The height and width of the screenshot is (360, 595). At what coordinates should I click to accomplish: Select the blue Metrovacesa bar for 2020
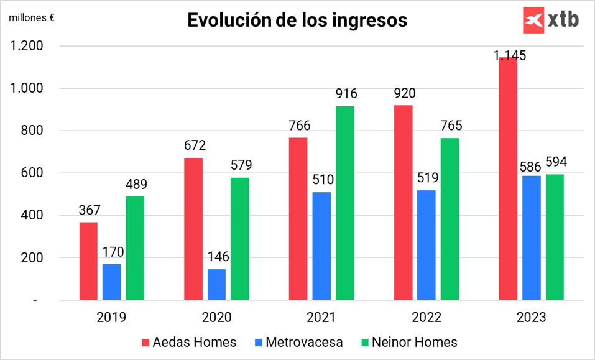point(216,285)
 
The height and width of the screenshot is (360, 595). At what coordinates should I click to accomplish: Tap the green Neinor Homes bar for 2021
point(345,203)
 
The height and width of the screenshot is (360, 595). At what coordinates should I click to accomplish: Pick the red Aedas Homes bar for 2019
point(88,261)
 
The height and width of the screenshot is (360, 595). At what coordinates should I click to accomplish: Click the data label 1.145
point(510,55)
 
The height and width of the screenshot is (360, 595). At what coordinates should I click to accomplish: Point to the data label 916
point(345,95)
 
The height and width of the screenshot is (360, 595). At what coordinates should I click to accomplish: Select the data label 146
point(216,257)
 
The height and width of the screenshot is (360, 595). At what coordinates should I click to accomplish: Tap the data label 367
point(90,210)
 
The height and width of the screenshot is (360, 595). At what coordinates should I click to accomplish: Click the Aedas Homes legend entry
point(190,342)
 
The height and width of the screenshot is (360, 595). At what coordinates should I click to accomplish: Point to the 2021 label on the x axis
point(321,318)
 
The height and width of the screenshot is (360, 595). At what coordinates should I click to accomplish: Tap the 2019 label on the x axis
point(111,318)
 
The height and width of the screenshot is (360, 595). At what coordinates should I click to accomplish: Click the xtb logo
point(551,19)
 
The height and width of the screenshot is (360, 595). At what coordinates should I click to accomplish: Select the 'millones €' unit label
point(31,17)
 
